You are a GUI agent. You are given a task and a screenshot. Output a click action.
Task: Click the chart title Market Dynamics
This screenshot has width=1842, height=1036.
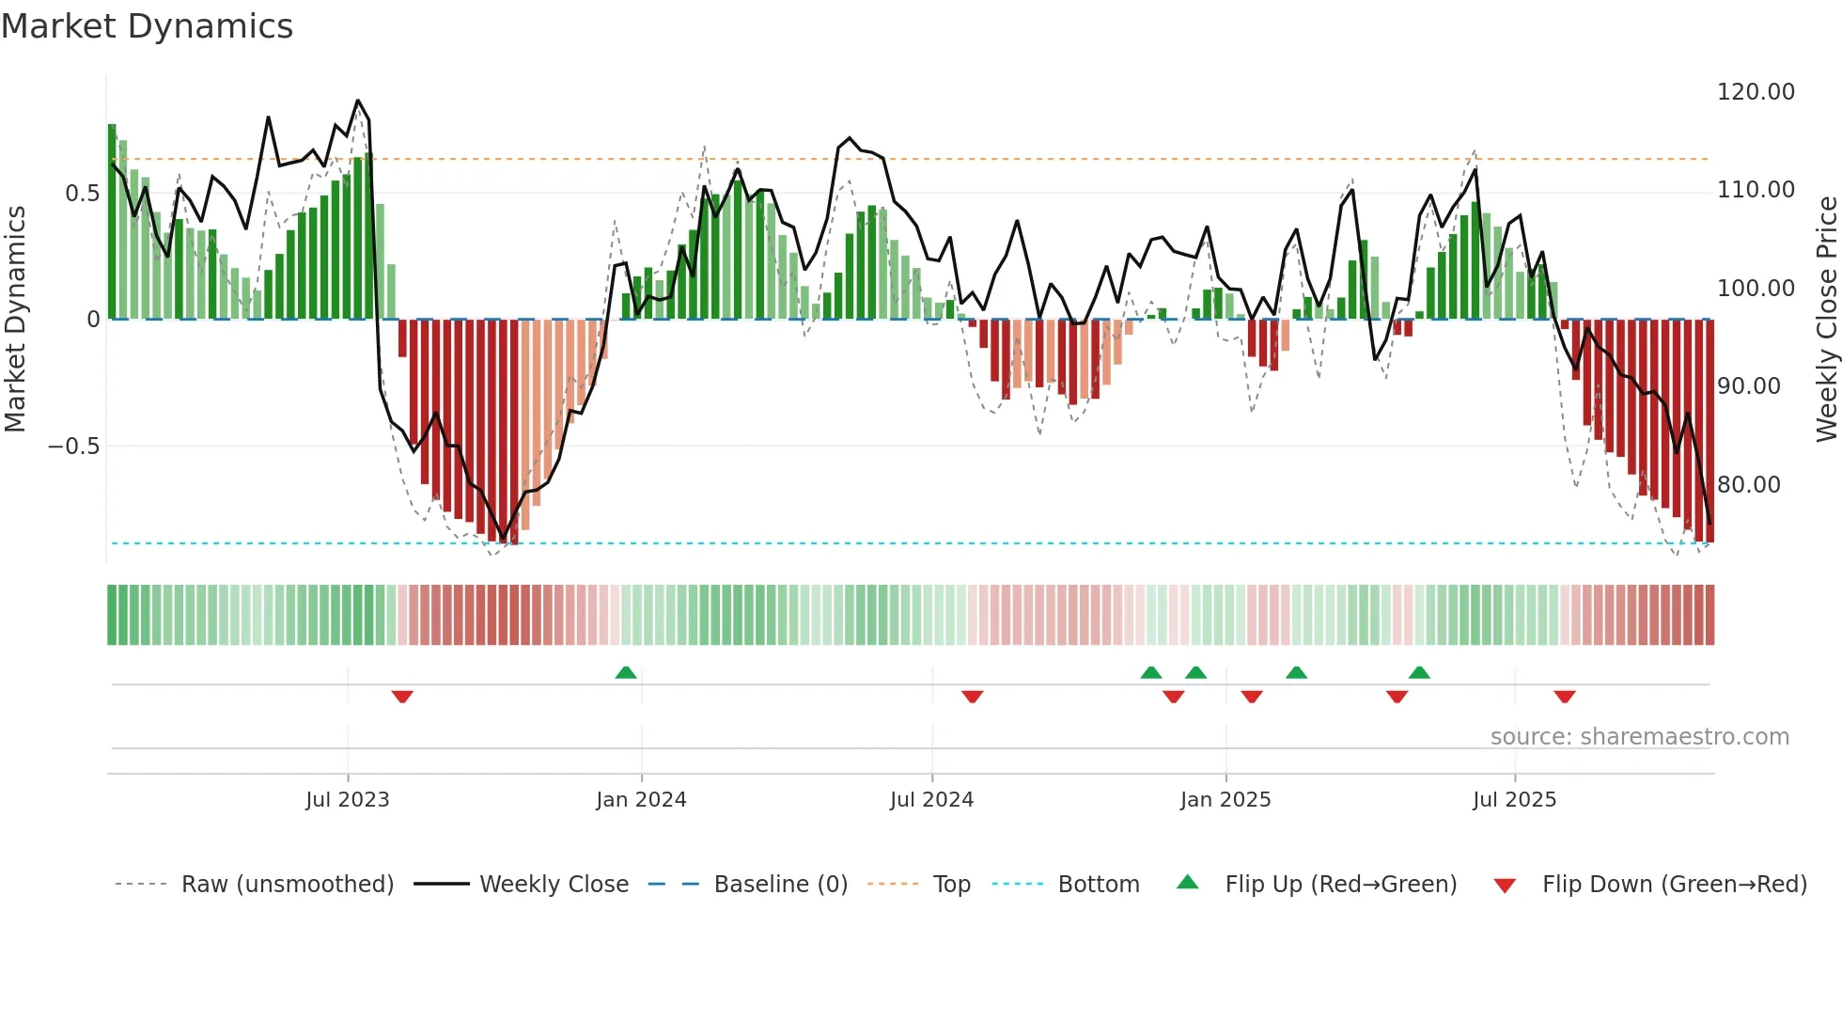tap(148, 26)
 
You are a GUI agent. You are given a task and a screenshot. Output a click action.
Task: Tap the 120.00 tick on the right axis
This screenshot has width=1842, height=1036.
tap(1755, 92)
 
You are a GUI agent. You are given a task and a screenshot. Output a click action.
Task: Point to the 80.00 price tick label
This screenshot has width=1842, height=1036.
tap(1748, 485)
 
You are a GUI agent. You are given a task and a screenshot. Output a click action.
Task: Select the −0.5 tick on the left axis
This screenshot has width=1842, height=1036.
tap(73, 447)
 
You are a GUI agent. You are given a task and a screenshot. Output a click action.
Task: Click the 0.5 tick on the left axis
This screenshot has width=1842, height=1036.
tap(82, 194)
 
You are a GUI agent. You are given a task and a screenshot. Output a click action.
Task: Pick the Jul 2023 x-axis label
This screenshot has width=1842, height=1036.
tap(347, 800)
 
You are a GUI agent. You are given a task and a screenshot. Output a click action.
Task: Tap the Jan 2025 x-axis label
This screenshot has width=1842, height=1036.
tap(1225, 800)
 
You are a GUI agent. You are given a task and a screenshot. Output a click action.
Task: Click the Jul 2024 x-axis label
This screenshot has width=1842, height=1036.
tap(931, 800)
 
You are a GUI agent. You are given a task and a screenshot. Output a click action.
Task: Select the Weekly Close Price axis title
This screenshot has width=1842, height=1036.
tap(1826, 319)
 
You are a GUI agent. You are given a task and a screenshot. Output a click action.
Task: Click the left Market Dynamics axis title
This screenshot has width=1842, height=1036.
tap(15, 319)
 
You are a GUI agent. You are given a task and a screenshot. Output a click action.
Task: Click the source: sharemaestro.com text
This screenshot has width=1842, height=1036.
tap(1639, 737)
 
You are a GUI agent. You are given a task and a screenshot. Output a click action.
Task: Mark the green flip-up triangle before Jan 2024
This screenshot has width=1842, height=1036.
tap(626, 672)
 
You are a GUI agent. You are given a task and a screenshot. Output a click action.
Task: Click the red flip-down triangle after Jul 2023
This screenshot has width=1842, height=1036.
tap(402, 697)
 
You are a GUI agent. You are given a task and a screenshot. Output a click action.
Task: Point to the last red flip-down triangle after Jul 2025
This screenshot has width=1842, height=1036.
tap(1564, 697)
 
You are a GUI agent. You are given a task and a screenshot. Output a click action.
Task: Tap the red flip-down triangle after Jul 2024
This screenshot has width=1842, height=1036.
tap(972, 697)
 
